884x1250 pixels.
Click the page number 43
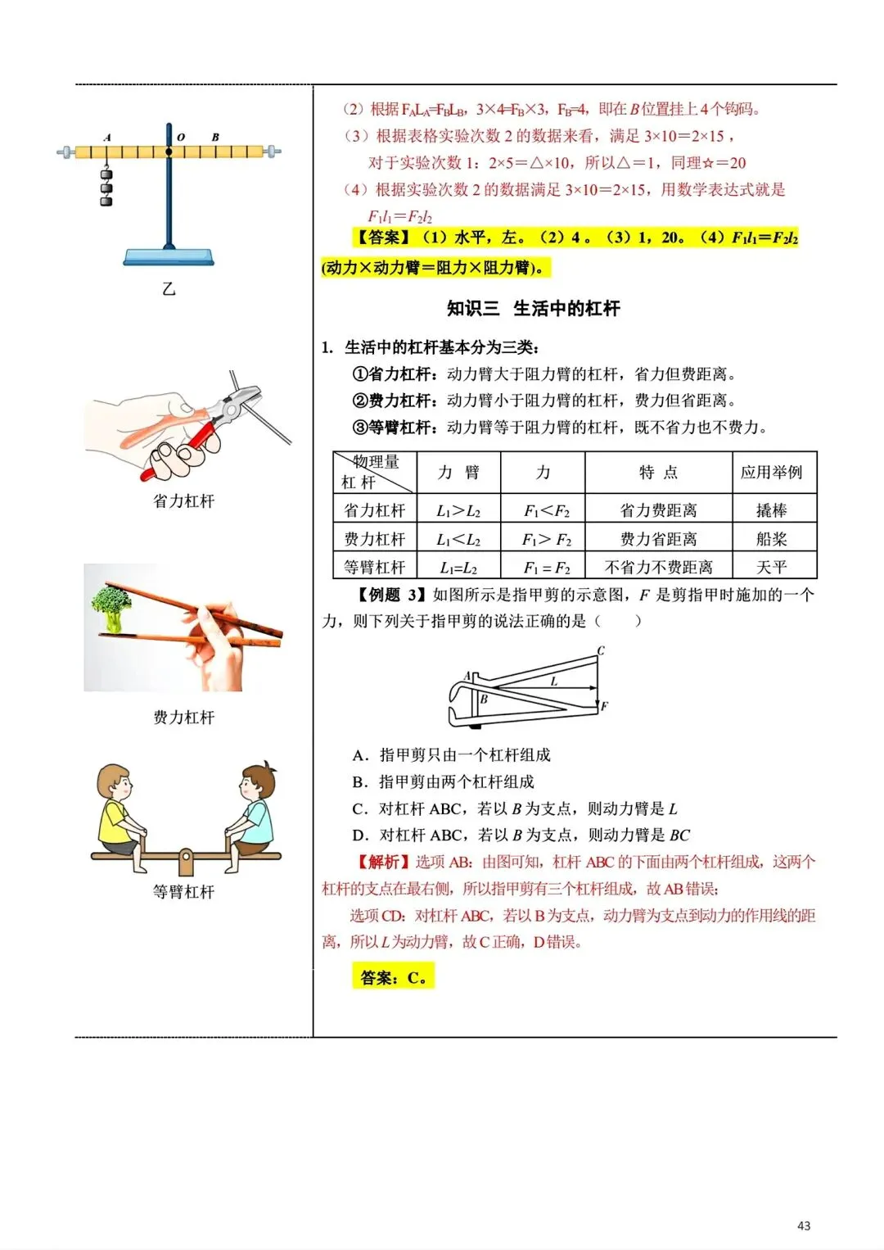(803, 1225)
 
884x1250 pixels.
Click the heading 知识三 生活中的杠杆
(534, 309)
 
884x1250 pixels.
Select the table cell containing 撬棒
(771, 510)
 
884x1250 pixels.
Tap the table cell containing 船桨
(771, 539)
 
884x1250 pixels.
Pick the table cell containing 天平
(771, 567)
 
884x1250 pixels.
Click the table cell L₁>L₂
(458, 510)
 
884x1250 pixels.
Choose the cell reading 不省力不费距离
(658, 567)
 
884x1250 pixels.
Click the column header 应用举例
(771, 473)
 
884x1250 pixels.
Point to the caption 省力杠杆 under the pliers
(183, 501)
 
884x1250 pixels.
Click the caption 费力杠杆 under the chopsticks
(183, 718)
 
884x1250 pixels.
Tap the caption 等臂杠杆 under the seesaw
(183, 892)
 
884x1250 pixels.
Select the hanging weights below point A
(106, 186)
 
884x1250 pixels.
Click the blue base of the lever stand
(169, 256)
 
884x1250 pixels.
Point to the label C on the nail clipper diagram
(601, 651)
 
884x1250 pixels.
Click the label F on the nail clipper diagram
(604, 706)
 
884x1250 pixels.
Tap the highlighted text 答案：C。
(393, 977)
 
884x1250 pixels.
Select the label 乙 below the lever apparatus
(169, 288)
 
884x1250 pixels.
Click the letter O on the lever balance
(181, 138)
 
